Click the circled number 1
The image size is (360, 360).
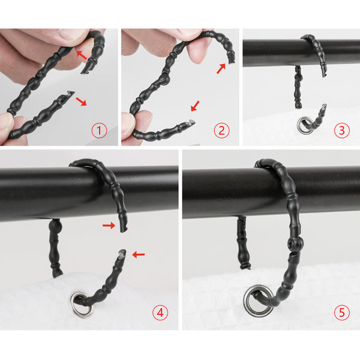click(99, 130)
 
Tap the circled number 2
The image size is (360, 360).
click(221, 130)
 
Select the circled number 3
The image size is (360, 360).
click(342, 130)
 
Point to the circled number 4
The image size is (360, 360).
click(160, 313)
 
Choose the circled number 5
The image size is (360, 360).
click(342, 313)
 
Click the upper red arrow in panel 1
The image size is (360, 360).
click(81, 55)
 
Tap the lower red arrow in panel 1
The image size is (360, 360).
click(81, 101)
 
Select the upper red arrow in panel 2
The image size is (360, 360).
click(221, 69)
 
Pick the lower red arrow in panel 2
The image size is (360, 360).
click(196, 106)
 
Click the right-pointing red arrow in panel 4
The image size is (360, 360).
click(109, 226)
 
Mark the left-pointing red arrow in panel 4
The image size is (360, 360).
click(139, 254)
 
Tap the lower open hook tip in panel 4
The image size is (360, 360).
click(122, 252)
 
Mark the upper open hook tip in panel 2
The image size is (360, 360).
click(231, 61)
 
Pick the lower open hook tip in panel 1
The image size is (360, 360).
click(69, 93)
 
